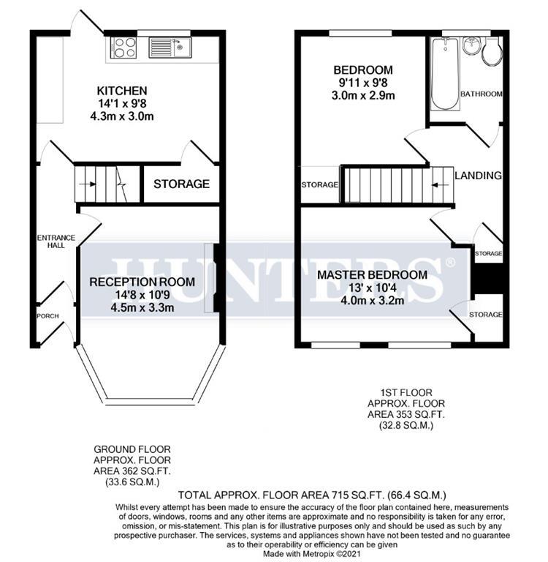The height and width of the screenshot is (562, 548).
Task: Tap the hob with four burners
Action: pos(123,48)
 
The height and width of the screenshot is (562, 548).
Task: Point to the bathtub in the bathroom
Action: pos(443,73)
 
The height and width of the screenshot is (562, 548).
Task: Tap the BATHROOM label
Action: pos(482,94)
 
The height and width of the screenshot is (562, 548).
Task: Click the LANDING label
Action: pos(478,176)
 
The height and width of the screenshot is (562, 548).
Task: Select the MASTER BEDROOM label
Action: pos(372,275)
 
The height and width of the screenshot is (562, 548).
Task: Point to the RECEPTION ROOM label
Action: pos(142,282)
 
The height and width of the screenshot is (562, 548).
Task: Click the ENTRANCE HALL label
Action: pos(52,241)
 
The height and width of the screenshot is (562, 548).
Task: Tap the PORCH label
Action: pos(47,316)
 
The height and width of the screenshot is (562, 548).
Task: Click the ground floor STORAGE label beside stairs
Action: pos(181,184)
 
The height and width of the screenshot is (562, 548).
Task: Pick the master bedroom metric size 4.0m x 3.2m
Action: pos(372,300)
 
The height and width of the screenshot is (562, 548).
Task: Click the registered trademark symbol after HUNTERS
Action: pos(450,262)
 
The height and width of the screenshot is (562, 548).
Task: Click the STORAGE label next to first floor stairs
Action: pos(319,185)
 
